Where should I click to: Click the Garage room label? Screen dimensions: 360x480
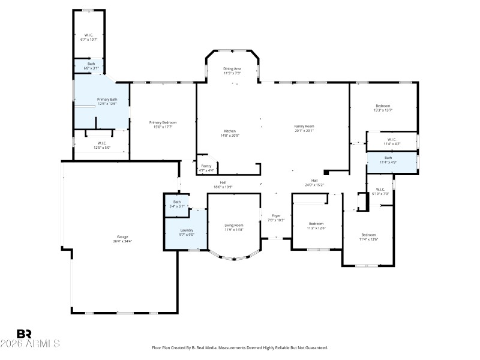[x=122, y=237]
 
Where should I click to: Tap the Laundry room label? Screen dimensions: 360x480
[x=187, y=230]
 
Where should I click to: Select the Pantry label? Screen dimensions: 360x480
[x=206, y=166]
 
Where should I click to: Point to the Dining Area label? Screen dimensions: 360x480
[x=232, y=69]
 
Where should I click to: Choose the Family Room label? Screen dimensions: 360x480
[x=304, y=126]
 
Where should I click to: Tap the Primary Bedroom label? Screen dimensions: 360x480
[x=163, y=122]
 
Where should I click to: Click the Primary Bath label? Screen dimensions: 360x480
[x=107, y=99]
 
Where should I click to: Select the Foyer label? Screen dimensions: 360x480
[x=276, y=215]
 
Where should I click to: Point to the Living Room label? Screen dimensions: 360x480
[x=234, y=225]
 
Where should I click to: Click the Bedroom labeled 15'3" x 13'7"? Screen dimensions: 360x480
[x=383, y=106]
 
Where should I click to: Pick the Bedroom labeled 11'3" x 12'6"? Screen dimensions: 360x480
[x=316, y=224]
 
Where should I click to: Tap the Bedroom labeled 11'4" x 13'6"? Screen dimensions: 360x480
[x=368, y=235]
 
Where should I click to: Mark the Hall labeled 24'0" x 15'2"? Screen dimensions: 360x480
[x=314, y=181]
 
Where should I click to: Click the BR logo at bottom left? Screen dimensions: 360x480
[x=24, y=333]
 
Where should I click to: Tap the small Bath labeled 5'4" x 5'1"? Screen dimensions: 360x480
[x=177, y=202]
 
